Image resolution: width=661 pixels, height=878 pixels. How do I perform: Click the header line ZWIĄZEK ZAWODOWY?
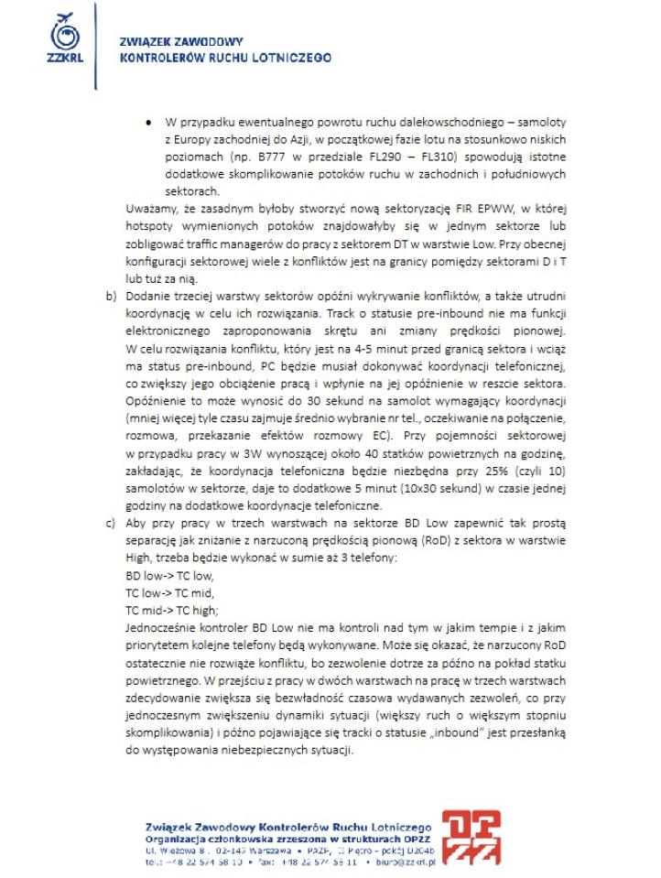181,42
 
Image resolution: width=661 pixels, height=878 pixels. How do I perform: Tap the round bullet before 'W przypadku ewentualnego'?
148,123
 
